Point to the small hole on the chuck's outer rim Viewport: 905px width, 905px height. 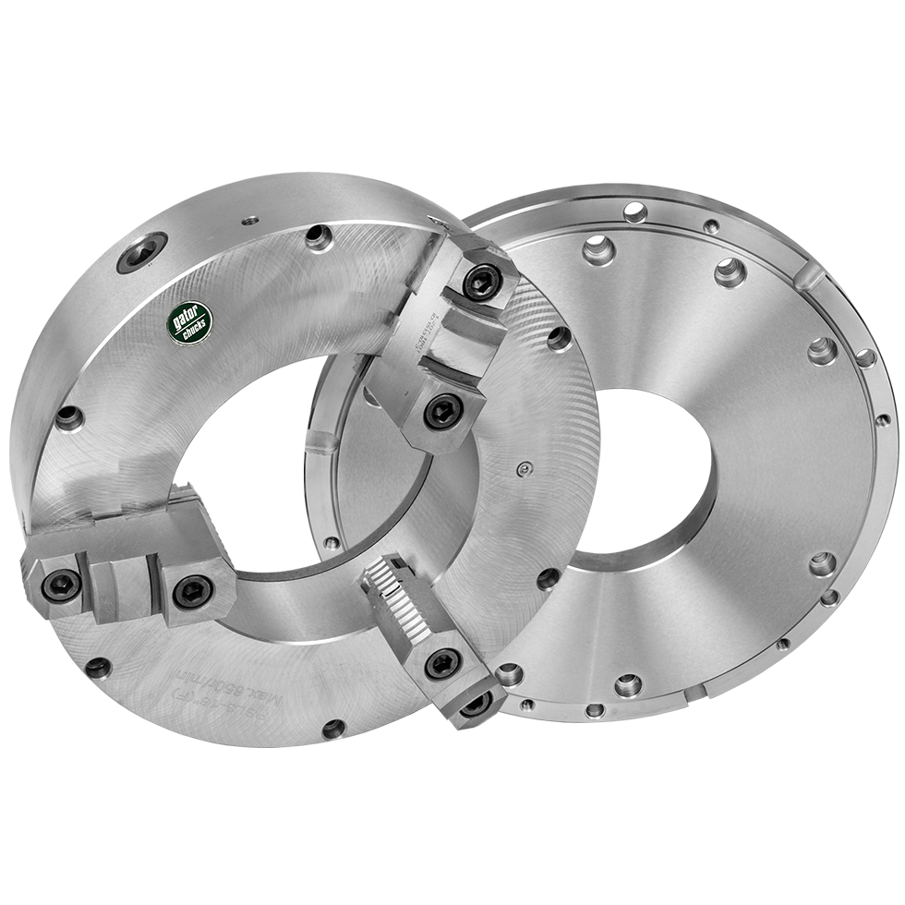247,221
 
